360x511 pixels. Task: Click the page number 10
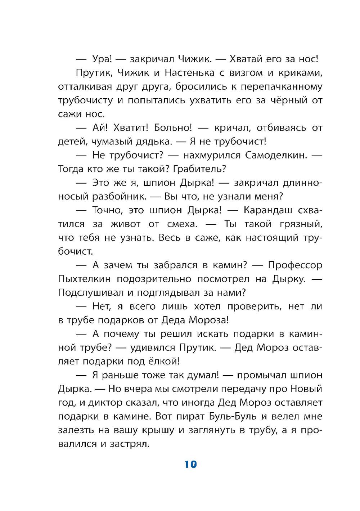pos(191,464)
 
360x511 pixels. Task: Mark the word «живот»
pos(126,224)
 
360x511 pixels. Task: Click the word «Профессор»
pos(295,265)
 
